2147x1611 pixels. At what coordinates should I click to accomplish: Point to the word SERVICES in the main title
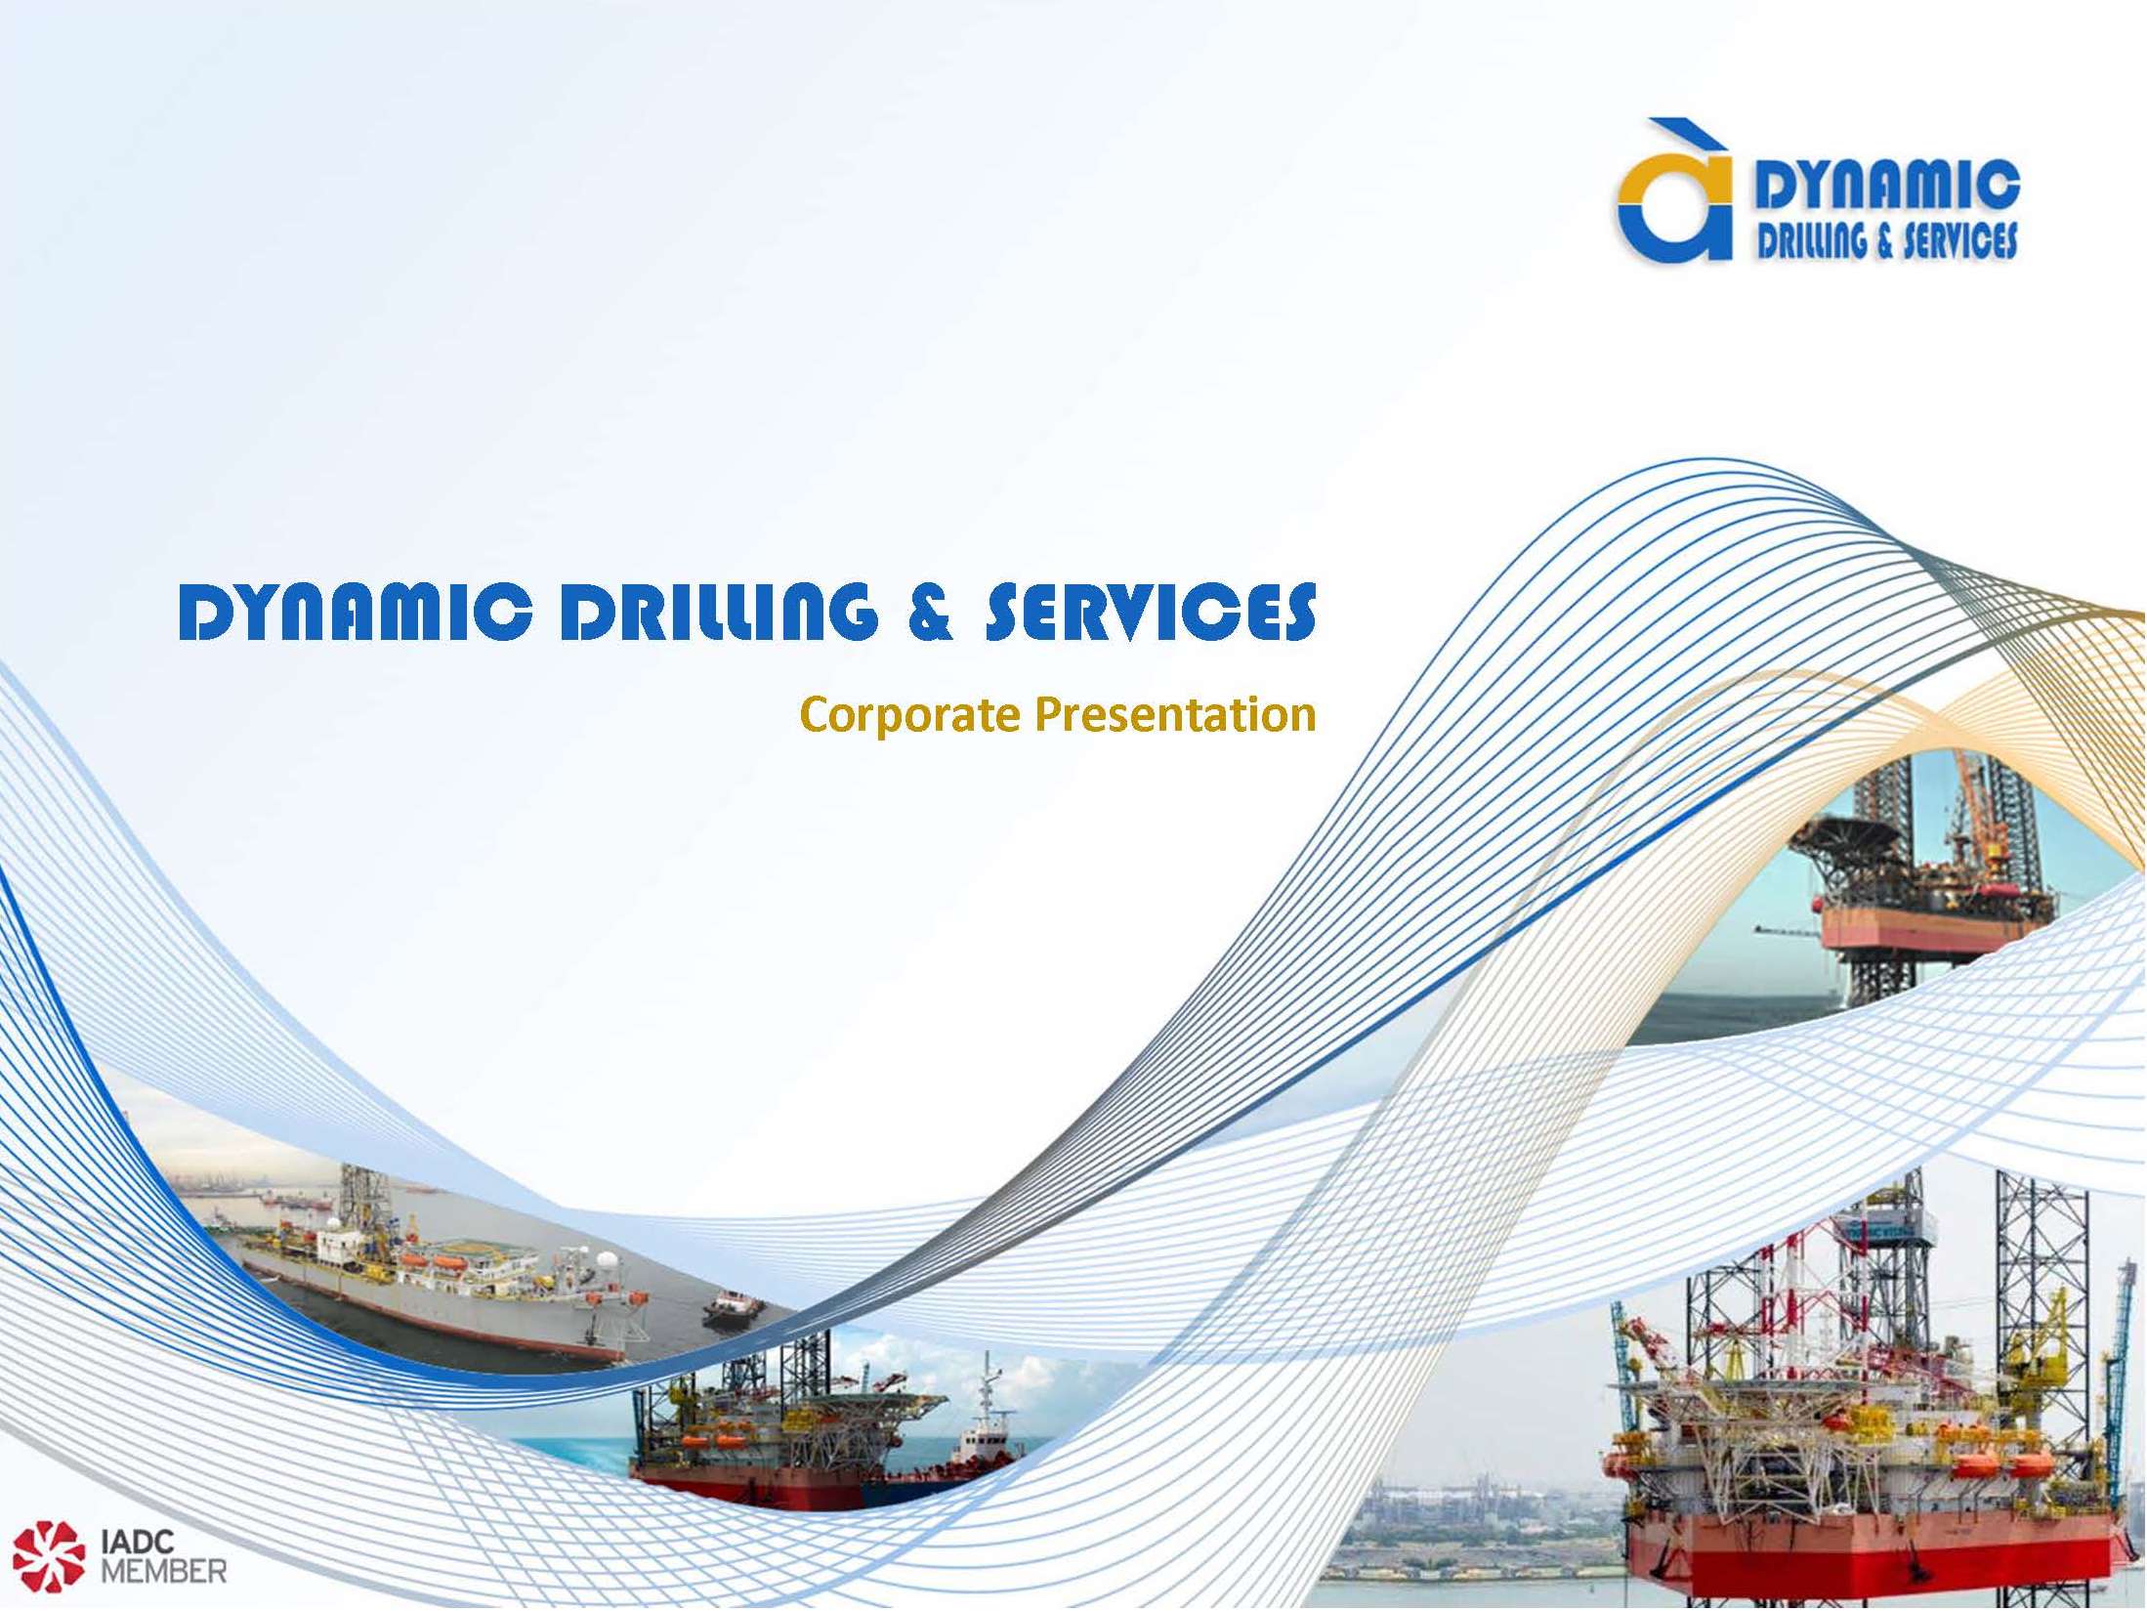click(1151, 612)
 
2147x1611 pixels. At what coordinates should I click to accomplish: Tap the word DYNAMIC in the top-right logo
click(1887, 185)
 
